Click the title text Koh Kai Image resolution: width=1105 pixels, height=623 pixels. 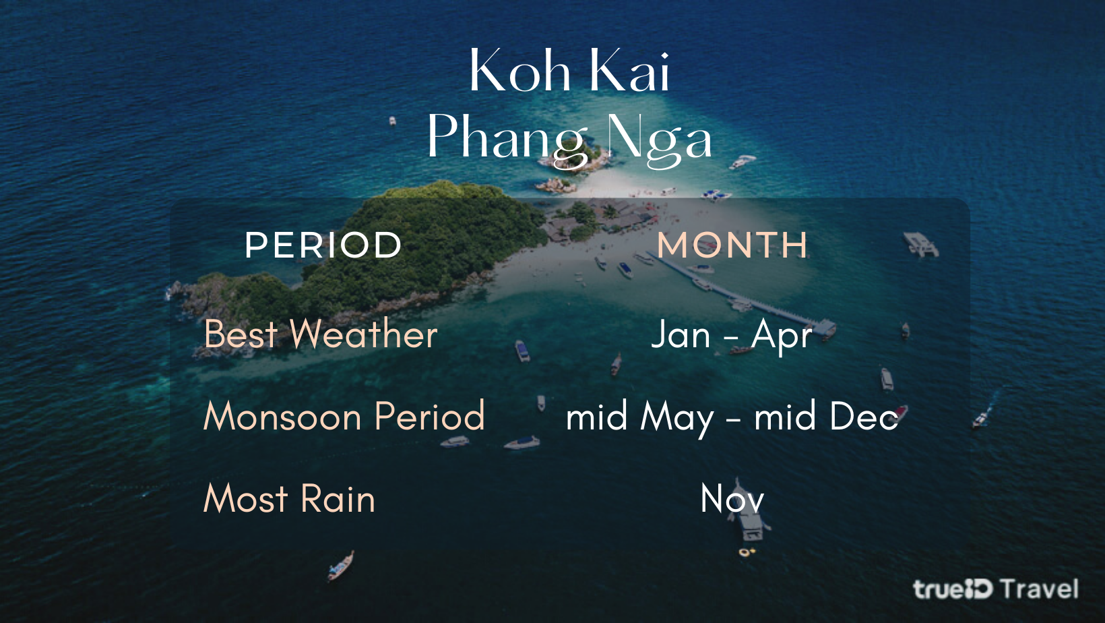(569, 70)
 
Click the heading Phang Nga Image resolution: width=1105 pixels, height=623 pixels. (569, 139)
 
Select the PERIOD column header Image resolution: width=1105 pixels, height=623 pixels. (323, 245)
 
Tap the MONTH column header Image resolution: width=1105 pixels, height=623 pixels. (732, 245)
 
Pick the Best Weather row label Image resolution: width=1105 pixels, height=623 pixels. (321, 334)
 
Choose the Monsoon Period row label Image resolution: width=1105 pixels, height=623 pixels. (344, 416)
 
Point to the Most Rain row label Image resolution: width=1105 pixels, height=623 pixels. (289, 498)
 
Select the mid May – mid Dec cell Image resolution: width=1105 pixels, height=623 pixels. (732, 417)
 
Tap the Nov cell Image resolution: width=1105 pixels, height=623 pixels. (732, 499)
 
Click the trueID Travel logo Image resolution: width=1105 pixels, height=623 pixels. (995, 589)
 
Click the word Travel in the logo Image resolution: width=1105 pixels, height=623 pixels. (1040, 589)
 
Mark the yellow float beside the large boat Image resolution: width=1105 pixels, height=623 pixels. (745, 552)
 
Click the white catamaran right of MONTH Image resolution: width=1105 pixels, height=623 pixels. (921, 244)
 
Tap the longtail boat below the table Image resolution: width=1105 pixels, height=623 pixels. (341, 566)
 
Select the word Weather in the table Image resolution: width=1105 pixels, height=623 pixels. (364, 334)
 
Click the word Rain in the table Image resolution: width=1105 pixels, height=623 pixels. (338, 498)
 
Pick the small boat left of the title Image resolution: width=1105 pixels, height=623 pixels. (392, 121)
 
